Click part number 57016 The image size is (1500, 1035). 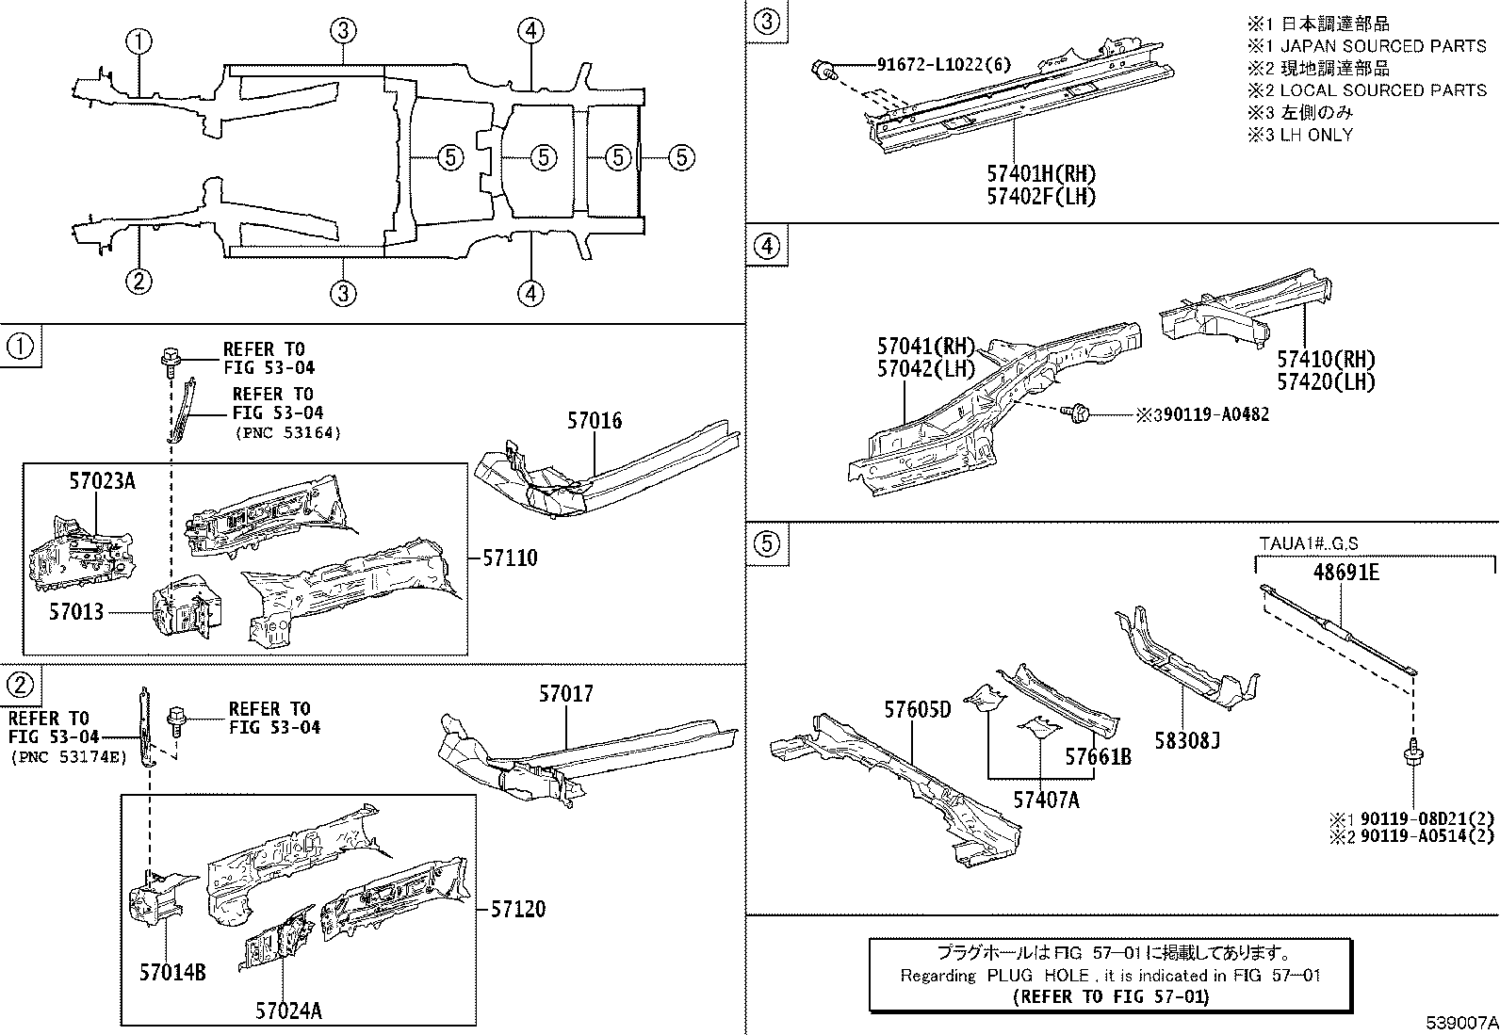coord(595,421)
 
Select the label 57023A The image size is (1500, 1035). coord(102,481)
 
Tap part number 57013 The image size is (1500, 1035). coord(76,612)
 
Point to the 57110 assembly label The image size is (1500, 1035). coord(510,558)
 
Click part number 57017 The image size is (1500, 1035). coord(566,694)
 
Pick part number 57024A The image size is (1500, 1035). coord(288,1011)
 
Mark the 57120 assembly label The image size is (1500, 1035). coord(517,910)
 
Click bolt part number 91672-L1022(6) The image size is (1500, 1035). coord(930,65)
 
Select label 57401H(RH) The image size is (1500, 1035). coord(1042,174)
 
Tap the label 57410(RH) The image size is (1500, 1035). coord(1326,359)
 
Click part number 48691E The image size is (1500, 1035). coord(1346,572)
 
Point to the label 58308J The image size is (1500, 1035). coord(1188,741)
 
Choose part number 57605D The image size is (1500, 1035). coord(917,709)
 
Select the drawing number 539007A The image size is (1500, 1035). coord(1460,1022)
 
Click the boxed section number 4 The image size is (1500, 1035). coord(768,247)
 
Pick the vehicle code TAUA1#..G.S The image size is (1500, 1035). coord(1309,543)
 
